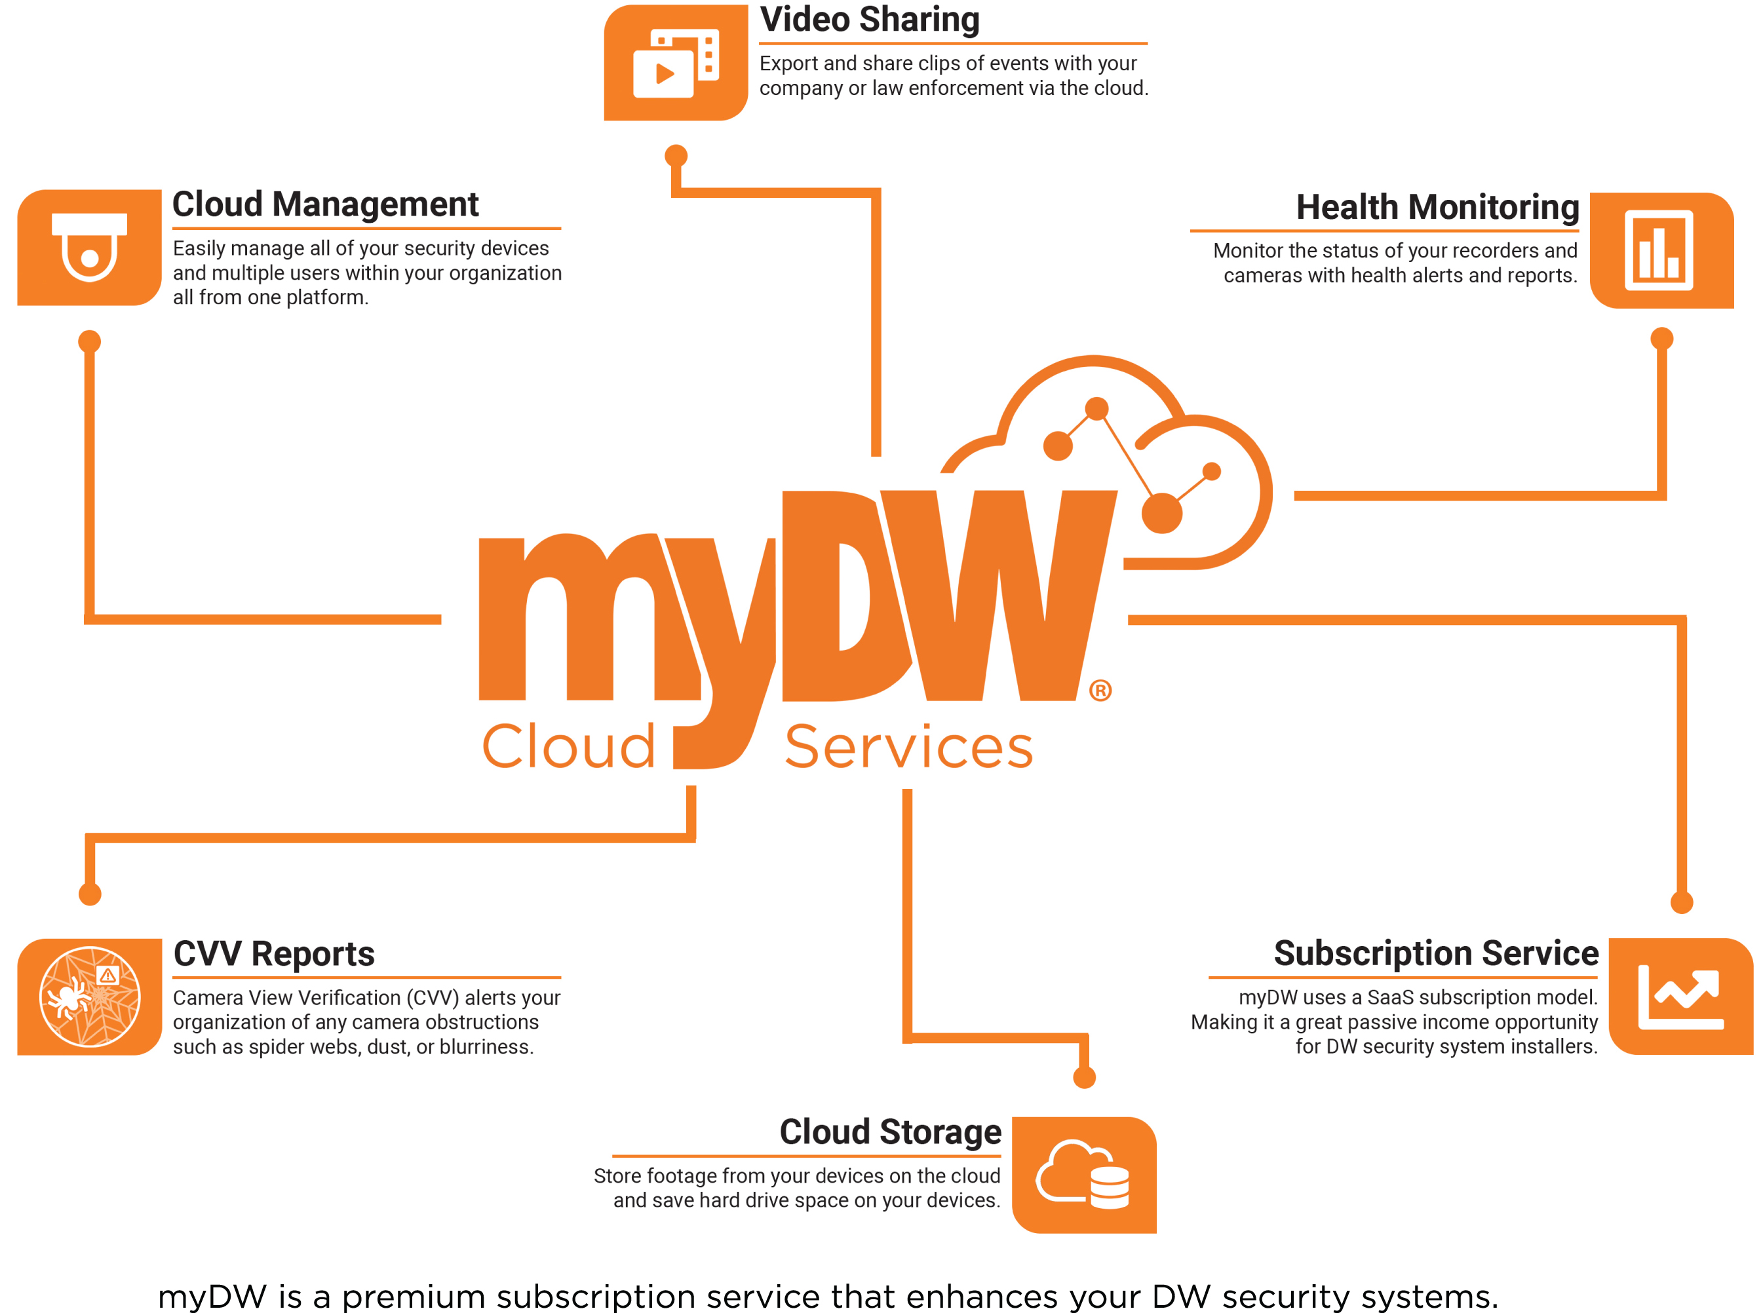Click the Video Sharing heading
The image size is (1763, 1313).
870,20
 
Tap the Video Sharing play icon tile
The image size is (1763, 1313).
676,63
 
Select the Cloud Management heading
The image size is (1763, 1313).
325,204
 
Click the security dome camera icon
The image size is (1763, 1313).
89,247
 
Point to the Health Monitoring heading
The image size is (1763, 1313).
1437,208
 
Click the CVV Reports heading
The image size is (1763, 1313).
273,954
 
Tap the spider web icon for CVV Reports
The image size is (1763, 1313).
90,997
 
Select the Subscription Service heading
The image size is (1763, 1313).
1435,953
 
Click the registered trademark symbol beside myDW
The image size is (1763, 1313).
1100,691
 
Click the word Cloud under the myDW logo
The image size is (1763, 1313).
568,746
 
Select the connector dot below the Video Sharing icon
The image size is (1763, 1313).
676,156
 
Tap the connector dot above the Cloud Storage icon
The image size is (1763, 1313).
1084,1078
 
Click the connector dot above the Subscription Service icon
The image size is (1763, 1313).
1682,903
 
